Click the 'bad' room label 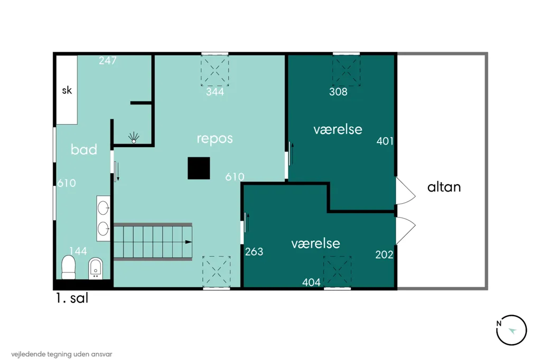84,149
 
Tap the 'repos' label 214,139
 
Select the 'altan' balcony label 444,187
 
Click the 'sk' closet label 67,90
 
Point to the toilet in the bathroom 68,267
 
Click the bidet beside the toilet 96,268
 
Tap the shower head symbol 134,138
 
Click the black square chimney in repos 199,168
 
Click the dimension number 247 108,61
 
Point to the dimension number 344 215,92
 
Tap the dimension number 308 338,92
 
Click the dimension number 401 385,141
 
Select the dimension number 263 254,252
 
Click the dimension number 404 311,282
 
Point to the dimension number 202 384,254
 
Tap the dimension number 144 78,251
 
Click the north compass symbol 511,330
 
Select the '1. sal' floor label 72,298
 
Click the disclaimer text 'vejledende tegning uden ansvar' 62,354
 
